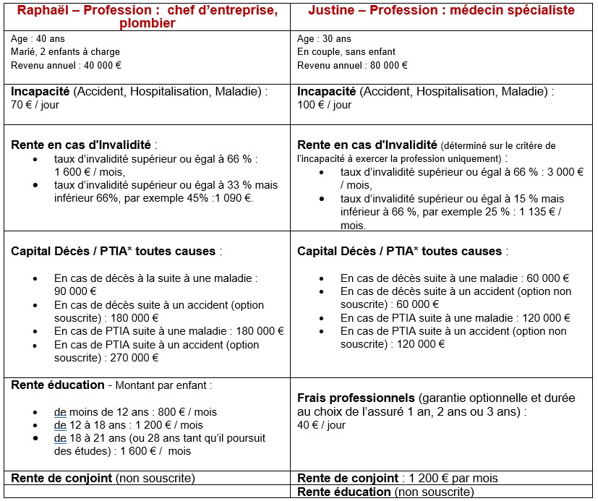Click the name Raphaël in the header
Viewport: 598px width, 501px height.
tap(43, 10)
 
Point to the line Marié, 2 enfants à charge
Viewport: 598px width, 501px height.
tap(65, 52)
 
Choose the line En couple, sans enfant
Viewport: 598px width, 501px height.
tap(347, 52)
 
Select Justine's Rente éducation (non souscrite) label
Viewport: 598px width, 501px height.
tap(385, 492)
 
